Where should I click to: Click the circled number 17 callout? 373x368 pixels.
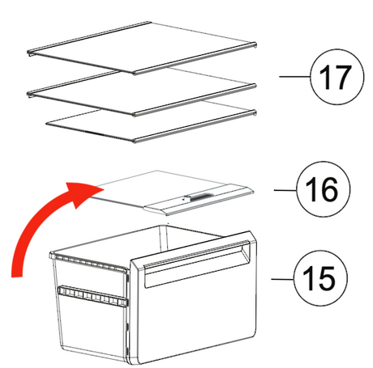click(337, 77)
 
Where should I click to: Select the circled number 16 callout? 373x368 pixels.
click(324, 189)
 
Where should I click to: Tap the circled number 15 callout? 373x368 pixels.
click(320, 278)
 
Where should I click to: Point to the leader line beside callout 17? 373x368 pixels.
click(294, 77)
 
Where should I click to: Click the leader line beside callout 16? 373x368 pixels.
click(285, 190)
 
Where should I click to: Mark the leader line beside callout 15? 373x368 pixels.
click(283, 279)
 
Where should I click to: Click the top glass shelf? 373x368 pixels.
click(142, 47)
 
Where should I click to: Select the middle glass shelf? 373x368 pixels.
click(142, 91)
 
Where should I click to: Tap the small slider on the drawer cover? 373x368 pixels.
click(199, 197)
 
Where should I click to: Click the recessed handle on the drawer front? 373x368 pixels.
click(197, 264)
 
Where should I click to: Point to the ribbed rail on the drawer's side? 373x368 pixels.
click(92, 296)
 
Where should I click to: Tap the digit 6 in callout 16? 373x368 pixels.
click(329, 189)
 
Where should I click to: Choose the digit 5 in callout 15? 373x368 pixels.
click(327, 278)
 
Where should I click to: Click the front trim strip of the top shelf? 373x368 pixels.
click(195, 59)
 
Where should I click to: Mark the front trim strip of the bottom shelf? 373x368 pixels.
click(195, 127)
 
